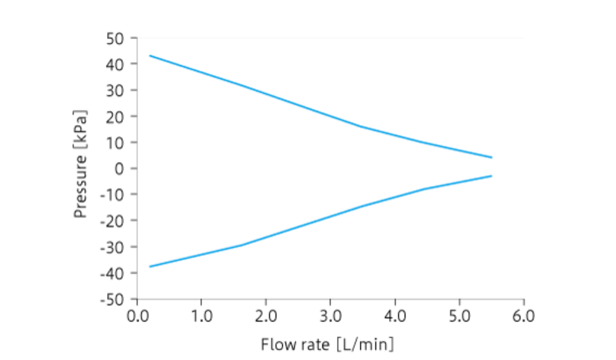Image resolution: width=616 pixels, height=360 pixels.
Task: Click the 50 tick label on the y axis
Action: (x=117, y=38)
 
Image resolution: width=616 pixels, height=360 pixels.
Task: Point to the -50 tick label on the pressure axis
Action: (x=114, y=299)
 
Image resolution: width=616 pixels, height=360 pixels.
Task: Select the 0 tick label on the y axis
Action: (x=121, y=168)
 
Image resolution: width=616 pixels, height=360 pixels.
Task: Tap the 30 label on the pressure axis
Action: (x=117, y=90)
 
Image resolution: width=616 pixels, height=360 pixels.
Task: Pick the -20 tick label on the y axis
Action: (x=114, y=220)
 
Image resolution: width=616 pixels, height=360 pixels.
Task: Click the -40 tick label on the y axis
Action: (x=114, y=273)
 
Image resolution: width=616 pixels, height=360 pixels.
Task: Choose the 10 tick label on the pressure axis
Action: (x=117, y=142)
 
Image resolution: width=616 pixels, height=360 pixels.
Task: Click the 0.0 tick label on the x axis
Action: (x=137, y=316)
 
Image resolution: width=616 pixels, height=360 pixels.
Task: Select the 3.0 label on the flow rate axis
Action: (x=330, y=316)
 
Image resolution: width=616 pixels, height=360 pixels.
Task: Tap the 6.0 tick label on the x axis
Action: (x=523, y=316)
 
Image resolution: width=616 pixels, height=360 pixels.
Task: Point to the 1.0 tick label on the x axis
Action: (x=201, y=316)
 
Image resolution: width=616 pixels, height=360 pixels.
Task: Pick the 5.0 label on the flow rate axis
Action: (x=459, y=316)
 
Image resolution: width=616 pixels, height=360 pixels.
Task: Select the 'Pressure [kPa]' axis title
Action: (x=81, y=164)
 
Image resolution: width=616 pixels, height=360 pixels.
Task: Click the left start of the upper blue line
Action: (x=150, y=56)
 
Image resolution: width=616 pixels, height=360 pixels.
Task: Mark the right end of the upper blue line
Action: (x=492, y=158)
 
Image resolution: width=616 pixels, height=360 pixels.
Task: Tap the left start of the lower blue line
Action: (x=150, y=267)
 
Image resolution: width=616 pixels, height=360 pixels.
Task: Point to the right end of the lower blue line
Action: (x=492, y=176)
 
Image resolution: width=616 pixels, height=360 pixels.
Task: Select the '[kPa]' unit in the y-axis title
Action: (x=81, y=129)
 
